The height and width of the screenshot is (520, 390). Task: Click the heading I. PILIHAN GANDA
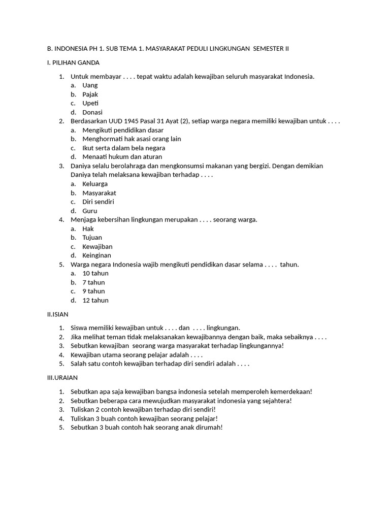click(x=73, y=62)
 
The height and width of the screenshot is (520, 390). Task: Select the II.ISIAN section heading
click(x=57, y=314)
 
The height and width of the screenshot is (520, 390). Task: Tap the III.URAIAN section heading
click(x=62, y=378)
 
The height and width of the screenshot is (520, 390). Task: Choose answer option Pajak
click(x=90, y=94)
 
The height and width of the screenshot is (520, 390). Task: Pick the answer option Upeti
click(x=90, y=103)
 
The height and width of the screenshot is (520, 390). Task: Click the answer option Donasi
click(x=92, y=112)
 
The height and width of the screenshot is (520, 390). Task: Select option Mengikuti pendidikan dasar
click(x=123, y=130)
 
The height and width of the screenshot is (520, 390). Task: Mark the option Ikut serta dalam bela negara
click(x=123, y=148)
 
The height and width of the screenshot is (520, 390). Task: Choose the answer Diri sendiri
click(x=98, y=202)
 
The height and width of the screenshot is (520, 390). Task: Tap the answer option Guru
click(x=89, y=211)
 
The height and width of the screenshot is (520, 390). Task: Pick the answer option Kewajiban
click(x=97, y=246)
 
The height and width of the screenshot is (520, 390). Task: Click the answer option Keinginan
click(x=96, y=255)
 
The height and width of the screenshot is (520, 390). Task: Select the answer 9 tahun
click(x=93, y=291)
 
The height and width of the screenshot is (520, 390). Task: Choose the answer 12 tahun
click(x=95, y=300)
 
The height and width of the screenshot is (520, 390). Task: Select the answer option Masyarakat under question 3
click(x=99, y=193)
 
